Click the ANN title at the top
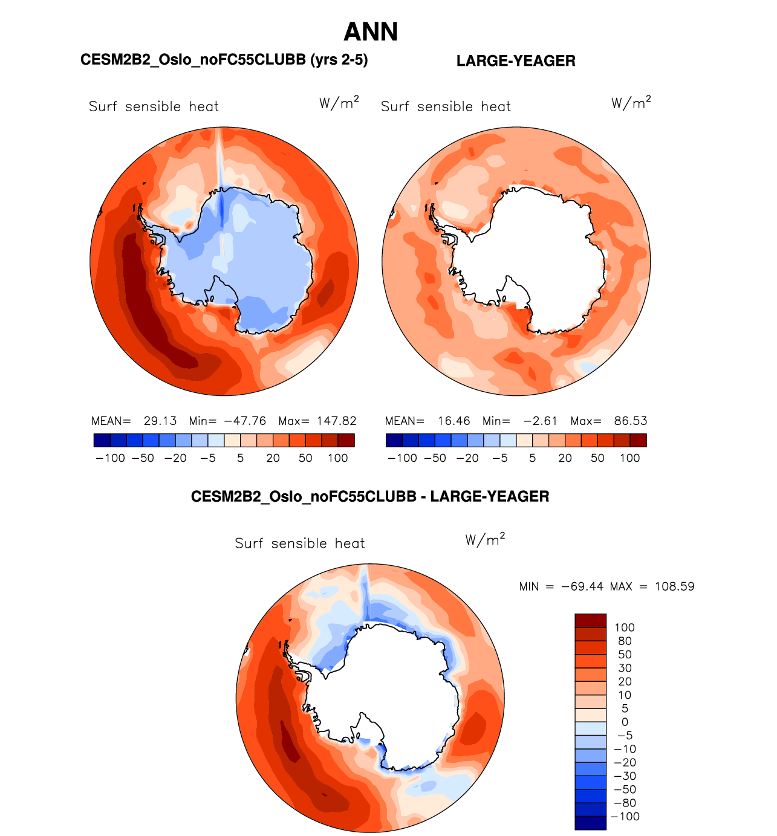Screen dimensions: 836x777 371,32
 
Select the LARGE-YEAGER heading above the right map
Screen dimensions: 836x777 515,61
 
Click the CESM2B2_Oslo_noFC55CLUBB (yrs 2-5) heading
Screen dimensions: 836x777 224,60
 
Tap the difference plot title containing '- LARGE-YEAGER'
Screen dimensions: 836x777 370,497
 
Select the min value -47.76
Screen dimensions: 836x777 245,421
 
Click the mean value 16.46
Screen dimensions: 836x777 454,421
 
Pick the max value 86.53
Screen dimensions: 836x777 630,421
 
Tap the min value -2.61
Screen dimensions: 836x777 540,421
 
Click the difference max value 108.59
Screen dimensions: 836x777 674,587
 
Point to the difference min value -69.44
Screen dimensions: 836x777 582,587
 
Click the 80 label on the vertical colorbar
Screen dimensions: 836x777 625,641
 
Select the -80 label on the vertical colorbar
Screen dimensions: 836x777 625,803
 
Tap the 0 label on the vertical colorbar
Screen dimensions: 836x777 625,722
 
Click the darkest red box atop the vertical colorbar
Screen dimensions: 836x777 590,620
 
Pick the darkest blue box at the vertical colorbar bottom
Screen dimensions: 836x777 590,823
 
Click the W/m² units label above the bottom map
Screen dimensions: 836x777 485,539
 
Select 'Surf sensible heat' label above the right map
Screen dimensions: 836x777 446,107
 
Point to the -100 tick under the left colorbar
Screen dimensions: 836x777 110,458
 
